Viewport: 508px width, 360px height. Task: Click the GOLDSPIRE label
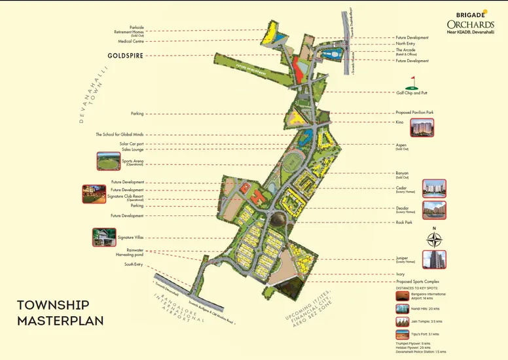(x=126, y=56)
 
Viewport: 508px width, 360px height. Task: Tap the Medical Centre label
(x=130, y=41)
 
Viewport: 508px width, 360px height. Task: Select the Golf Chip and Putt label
(x=412, y=93)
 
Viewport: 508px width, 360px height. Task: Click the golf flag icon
(x=412, y=82)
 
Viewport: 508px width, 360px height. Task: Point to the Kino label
(x=399, y=122)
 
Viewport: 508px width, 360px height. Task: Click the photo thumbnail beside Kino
(x=422, y=128)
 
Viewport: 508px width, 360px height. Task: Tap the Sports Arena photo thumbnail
(x=109, y=161)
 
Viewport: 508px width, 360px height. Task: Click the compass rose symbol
(x=433, y=240)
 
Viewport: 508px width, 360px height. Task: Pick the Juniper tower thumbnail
(x=434, y=259)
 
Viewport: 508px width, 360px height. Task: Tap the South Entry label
(x=134, y=264)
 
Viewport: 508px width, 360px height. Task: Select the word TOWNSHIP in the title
(x=52, y=305)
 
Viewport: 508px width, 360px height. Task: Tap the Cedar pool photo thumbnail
(x=434, y=189)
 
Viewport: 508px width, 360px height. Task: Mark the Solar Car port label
(x=131, y=143)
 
